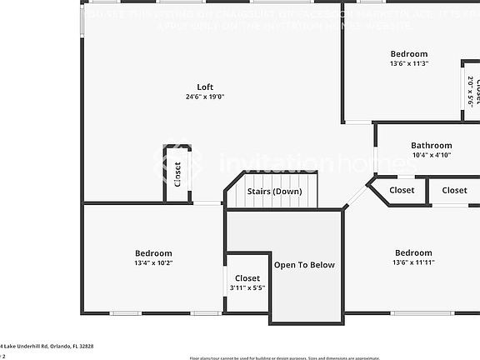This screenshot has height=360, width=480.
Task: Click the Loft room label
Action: pyautogui.click(x=205, y=87)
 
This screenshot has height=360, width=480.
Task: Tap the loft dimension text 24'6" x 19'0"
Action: pyautogui.click(x=205, y=97)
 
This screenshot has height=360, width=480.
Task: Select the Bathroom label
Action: pyautogui.click(x=431, y=145)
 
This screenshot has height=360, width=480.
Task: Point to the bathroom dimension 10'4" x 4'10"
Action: pyautogui.click(x=431, y=155)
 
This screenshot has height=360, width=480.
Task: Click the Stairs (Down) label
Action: pyautogui.click(x=275, y=192)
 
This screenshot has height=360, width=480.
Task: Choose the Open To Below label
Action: pyautogui.click(x=304, y=265)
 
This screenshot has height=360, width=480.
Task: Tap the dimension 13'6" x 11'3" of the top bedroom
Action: pyautogui.click(x=408, y=63)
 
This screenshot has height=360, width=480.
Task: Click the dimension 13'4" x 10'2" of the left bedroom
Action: pyautogui.click(x=153, y=263)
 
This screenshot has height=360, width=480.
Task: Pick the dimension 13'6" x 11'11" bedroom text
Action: pyautogui.click(x=414, y=262)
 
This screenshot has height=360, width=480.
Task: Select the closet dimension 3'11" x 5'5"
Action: pyautogui.click(x=247, y=287)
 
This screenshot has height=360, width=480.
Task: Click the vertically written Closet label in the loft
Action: pyautogui.click(x=177, y=174)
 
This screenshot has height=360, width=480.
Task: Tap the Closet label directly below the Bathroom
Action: pyautogui.click(x=402, y=190)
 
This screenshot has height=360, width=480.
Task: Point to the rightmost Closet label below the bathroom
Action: pyautogui.click(x=454, y=190)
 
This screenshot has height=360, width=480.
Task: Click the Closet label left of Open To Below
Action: pyautogui.click(x=247, y=278)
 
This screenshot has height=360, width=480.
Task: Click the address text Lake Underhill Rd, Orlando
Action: pyautogui.click(x=48, y=346)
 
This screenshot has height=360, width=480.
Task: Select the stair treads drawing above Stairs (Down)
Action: pyautogui.click(x=276, y=177)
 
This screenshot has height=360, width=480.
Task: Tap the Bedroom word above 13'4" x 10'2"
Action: pyautogui.click(x=153, y=253)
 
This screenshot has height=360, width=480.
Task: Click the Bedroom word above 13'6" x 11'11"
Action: pyautogui.click(x=413, y=252)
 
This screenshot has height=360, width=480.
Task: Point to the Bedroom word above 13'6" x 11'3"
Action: pyautogui.click(x=408, y=54)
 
